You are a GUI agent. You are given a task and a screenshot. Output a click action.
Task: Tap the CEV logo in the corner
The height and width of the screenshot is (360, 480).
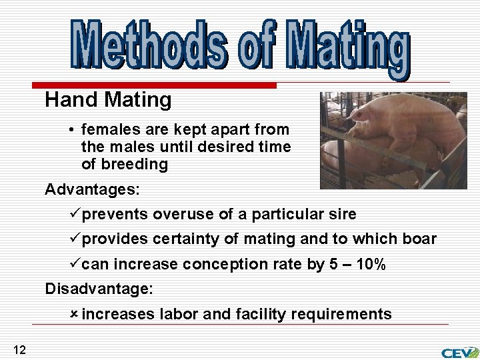point(459,351)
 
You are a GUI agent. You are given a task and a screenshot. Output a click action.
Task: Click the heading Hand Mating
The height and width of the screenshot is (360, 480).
point(108,101)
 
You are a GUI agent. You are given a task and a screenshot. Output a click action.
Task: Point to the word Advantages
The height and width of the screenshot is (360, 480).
point(92,189)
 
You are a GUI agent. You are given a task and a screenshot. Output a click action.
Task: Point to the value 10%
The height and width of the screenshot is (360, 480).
point(371,264)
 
